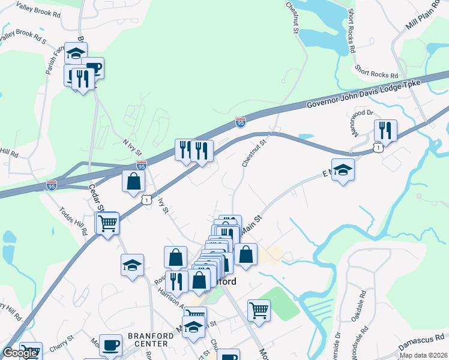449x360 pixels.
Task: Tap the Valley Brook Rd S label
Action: point(23,36)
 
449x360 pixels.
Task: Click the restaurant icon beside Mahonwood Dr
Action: point(385,130)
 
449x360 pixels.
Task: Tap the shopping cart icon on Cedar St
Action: point(107,223)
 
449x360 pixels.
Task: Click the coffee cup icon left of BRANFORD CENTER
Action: point(110,345)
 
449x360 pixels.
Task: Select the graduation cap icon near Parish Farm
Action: point(76,53)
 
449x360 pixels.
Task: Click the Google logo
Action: point(20,353)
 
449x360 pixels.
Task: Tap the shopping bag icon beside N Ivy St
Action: point(133,181)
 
